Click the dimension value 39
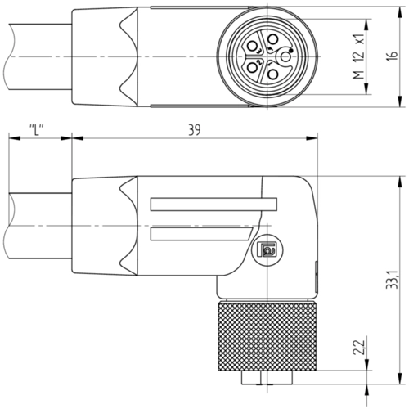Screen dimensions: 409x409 point(195,130)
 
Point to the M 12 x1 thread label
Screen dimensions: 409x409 point(359,56)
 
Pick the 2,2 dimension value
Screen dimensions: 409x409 point(359,347)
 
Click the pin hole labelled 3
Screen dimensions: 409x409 point(252,46)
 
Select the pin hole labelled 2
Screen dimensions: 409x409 point(252,67)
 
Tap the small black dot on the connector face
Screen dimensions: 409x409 point(291,51)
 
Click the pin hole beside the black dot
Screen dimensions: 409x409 point(285,57)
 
